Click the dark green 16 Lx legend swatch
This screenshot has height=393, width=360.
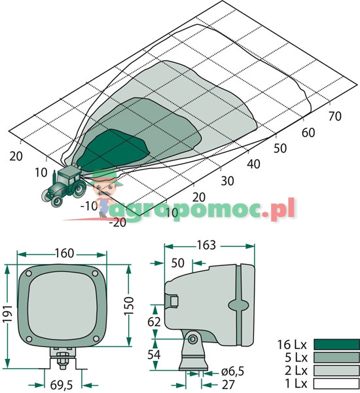pos(336,345)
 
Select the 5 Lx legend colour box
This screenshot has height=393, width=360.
pos(336,358)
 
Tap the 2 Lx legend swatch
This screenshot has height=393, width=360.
pos(336,371)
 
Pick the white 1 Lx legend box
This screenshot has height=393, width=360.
pos(336,383)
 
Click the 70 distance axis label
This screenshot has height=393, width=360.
pos(335,116)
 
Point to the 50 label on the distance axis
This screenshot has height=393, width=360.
pos(280,149)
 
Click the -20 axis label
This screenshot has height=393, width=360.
pos(118,223)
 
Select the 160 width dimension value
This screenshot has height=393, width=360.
pos(64,253)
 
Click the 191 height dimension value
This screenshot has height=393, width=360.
pos(7,314)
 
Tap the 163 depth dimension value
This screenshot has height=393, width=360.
pos(206,245)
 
